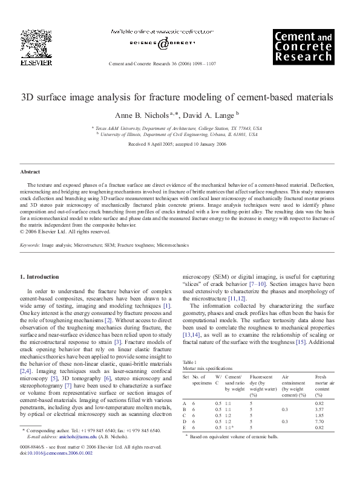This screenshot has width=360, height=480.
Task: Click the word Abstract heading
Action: tap(30, 172)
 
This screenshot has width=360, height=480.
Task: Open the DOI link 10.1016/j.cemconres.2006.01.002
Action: tap(62, 470)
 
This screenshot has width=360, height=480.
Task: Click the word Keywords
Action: tap(30, 245)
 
